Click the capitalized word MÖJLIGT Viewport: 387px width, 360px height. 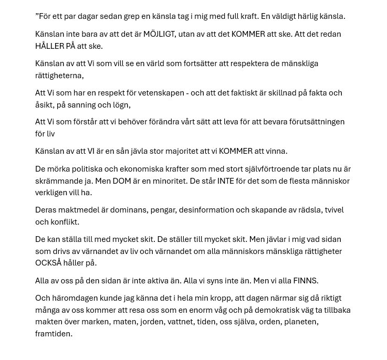[x=159, y=34]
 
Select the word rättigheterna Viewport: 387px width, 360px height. [x=58, y=76]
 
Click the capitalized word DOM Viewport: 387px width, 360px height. [x=122, y=181]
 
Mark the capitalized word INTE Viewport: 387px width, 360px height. [x=226, y=181]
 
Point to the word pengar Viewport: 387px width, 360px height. [x=163, y=210]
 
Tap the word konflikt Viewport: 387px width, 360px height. [x=64, y=222]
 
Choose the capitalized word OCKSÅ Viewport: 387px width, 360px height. [x=48, y=263]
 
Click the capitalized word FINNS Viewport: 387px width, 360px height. [x=305, y=281]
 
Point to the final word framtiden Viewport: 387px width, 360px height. [x=54, y=334]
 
